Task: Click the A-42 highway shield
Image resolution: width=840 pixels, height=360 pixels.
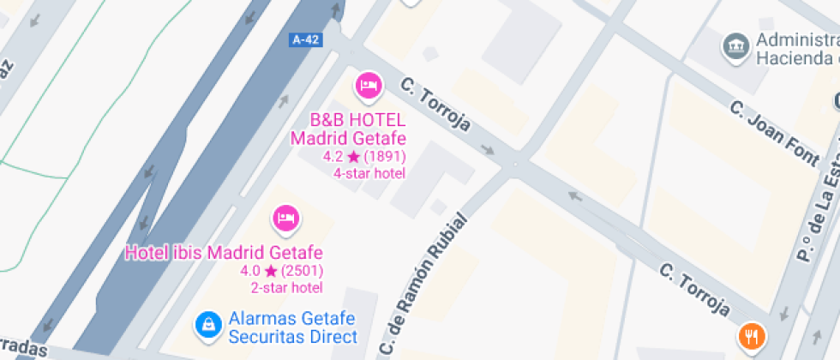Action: pos(306,39)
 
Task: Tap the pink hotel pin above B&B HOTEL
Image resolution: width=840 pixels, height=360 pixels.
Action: pos(369,85)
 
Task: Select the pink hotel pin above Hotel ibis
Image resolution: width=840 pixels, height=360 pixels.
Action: pos(285,219)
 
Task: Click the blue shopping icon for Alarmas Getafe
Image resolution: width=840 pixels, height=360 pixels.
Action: pos(207,324)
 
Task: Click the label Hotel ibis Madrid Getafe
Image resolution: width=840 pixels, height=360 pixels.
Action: pos(224,253)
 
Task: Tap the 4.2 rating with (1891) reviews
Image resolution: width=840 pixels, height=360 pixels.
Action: pos(364,157)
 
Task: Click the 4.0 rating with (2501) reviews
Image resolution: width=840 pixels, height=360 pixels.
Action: pos(281,272)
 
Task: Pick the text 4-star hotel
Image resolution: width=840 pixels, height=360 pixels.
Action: pos(369,173)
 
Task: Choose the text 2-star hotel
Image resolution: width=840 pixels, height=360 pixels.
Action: pos(286,288)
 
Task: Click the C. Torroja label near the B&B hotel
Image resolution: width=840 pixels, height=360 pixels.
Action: pos(436,105)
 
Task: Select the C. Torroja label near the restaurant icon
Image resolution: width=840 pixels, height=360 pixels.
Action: pos(694,290)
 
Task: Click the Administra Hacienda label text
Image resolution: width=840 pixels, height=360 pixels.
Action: pos(795,50)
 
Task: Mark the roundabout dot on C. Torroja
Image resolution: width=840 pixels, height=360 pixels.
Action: pos(515,162)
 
